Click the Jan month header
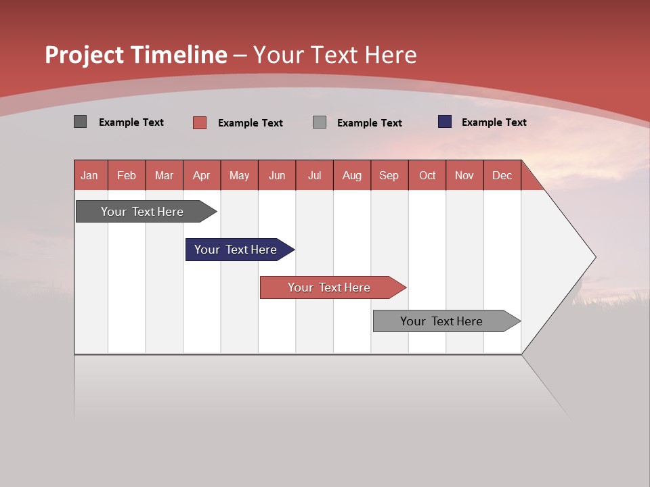[x=90, y=175]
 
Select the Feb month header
[x=127, y=175]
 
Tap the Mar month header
[x=164, y=175]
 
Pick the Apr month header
[x=202, y=175]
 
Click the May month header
[x=239, y=175]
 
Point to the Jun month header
[x=277, y=175]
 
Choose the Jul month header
[x=314, y=175]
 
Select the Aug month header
[x=352, y=175]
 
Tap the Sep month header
[x=389, y=175]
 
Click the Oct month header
[x=427, y=175]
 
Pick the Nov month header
[x=464, y=175]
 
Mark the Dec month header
[x=502, y=175]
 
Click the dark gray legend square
[x=81, y=122]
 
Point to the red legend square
[x=200, y=122]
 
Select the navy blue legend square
[x=445, y=122]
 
